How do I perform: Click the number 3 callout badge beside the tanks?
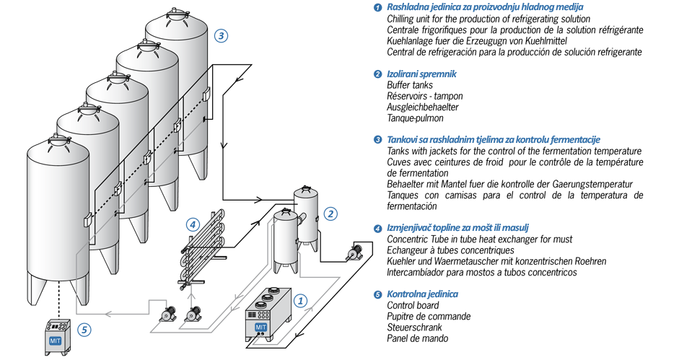[221, 35]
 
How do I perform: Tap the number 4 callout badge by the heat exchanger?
[193, 224]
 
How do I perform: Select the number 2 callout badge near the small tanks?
[330, 214]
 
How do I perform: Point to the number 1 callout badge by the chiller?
[302, 297]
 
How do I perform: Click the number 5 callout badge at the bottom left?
[84, 329]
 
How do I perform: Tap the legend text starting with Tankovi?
[494, 139]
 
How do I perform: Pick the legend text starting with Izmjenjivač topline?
[464, 228]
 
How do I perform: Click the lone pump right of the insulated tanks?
[353, 254]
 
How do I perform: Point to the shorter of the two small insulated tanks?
[286, 238]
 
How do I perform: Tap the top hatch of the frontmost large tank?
[58, 138]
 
